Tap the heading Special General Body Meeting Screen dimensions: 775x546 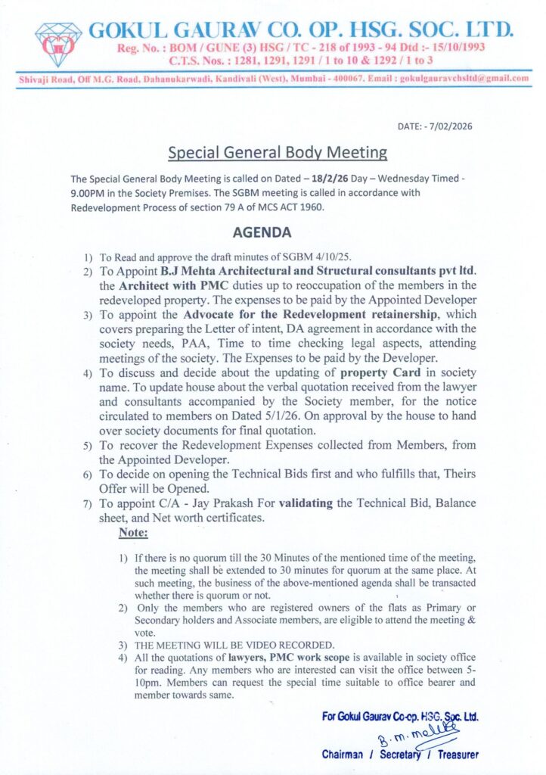(x=278, y=152)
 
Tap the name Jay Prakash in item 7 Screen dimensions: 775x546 (x=219, y=503)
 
